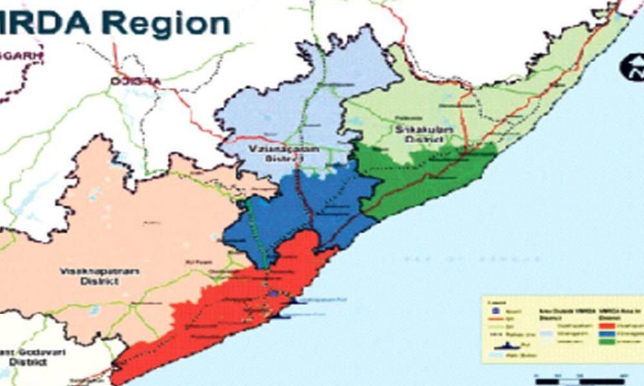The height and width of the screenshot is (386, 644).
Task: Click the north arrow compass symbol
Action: coord(630,66)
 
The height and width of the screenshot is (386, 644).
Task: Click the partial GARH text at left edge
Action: coord(19,56)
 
